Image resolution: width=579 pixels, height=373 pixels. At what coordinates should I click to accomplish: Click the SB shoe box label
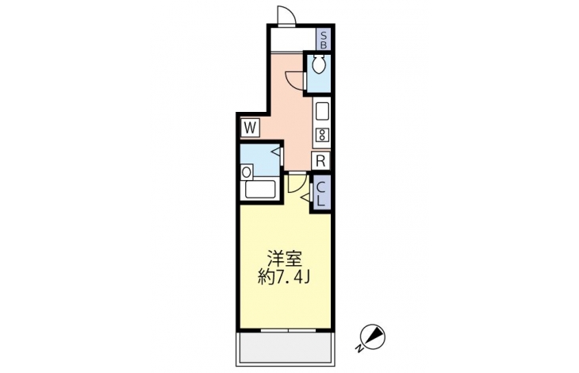point(324,40)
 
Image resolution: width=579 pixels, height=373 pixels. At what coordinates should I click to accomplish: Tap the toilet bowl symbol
point(318,64)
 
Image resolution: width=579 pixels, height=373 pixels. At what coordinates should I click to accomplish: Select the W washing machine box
point(250,128)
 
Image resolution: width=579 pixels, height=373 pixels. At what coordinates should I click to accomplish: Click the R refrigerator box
point(321,161)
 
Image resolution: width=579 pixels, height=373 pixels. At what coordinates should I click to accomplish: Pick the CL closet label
point(321,194)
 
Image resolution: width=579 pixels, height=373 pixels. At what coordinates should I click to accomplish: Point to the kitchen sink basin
point(322,111)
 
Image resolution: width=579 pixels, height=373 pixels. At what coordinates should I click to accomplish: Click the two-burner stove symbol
point(322,135)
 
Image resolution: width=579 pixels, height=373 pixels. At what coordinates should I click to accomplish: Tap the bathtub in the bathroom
point(261,189)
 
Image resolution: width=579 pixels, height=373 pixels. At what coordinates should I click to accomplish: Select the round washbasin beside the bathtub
point(247,172)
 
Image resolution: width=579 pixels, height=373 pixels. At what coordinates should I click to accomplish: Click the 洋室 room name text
point(285,259)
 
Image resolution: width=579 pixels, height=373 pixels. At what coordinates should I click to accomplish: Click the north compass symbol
point(373,336)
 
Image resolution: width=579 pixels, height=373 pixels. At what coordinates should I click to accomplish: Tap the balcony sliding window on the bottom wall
point(289,329)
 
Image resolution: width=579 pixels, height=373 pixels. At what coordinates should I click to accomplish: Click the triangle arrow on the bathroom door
point(276,151)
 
